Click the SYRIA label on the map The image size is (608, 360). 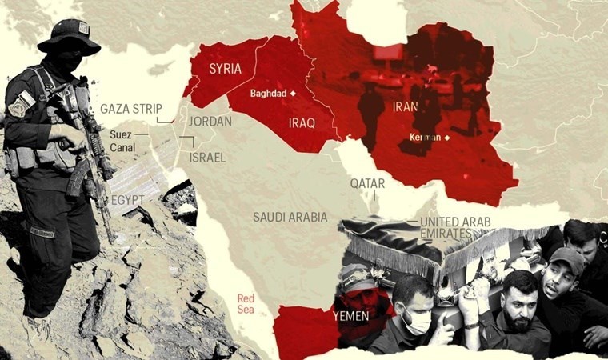(x=225, y=69)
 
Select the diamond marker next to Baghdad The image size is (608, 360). (x=293, y=94)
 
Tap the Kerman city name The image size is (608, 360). (x=425, y=138)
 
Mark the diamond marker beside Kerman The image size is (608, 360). (x=447, y=138)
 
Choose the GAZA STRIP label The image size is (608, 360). (x=131, y=108)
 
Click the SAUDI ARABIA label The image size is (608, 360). (x=290, y=217)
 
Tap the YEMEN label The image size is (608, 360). (x=350, y=316)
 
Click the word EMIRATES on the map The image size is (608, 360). (x=442, y=234)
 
